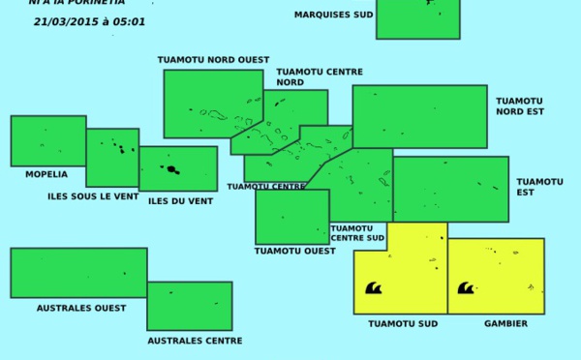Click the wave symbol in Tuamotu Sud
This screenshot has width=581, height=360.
click(373, 287)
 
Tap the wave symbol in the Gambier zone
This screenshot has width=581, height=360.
click(466, 287)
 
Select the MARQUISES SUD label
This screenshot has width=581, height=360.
click(333, 15)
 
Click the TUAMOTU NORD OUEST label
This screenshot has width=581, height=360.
click(213, 60)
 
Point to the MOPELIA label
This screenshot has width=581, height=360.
click(46, 174)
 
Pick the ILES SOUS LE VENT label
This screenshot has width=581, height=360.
click(92, 196)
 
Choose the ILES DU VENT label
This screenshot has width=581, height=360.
click(180, 201)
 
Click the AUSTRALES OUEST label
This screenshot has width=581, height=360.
click(81, 308)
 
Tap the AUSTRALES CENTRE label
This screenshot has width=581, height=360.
click(195, 341)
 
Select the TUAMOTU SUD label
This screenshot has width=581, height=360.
click(403, 323)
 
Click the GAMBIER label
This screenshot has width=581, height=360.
click(505, 323)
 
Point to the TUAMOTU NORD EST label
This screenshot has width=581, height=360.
click(520, 105)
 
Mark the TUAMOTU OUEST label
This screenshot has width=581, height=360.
click(294, 251)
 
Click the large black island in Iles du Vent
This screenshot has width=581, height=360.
click(172, 169)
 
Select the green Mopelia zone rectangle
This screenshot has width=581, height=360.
click(47, 140)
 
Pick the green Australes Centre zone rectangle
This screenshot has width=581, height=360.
click(189, 306)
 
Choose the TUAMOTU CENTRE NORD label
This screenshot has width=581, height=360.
click(320, 76)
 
